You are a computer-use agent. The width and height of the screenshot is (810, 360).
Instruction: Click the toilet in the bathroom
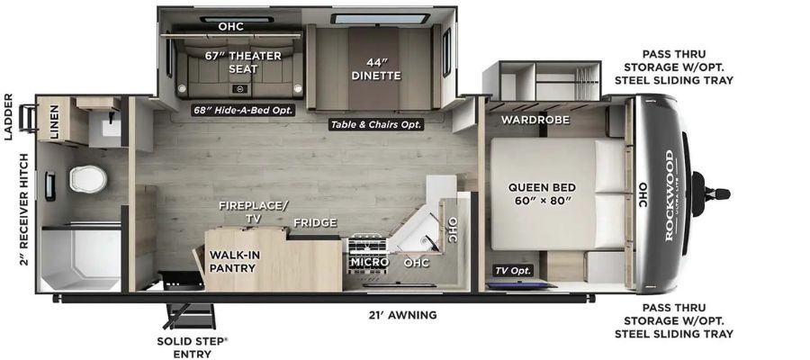pyautogui.click(x=88, y=179)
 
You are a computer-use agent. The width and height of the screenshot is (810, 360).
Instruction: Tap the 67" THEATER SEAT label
pyautogui.click(x=243, y=62)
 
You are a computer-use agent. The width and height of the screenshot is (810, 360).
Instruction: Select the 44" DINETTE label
pyautogui.click(x=376, y=69)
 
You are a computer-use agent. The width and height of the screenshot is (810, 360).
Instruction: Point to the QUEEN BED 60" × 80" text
pyautogui.click(x=542, y=193)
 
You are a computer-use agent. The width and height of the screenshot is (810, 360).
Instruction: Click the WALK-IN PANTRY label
pyautogui.click(x=234, y=261)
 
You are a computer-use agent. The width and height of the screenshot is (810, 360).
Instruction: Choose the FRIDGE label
pyautogui.click(x=315, y=222)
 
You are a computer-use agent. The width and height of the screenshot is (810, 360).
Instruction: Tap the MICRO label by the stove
pyautogui.click(x=369, y=263)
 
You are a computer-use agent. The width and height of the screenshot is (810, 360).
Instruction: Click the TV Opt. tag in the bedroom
pyautogui.click(x=514, y=271)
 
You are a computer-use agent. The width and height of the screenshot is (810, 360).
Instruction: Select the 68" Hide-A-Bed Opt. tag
pyautogui.click(x=243, y=110)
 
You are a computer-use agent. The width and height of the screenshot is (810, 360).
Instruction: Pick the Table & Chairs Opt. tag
pyautogui.click(x=376, y=124)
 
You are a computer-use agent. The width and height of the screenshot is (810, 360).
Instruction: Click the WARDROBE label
pyautogui.click(x=535, y=120)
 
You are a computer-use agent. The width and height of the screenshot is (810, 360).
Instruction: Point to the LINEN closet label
pyautogui.click(x=55, y=122)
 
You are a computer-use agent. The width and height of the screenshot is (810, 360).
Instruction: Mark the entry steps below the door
pyautogui.click(x=189, y=316)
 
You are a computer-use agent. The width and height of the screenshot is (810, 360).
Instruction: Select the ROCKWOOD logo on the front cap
pyautogui.click(x=670, y=195)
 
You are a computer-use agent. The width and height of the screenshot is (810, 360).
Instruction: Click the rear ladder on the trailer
pyautogui.click(x=27, y=118)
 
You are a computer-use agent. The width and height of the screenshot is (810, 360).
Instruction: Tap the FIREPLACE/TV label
pyautogui.click(x=253, y=211)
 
